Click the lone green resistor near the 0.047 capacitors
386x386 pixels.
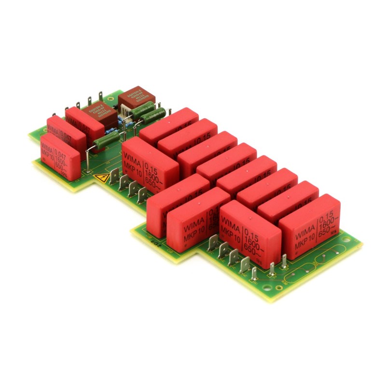tap(107, 141)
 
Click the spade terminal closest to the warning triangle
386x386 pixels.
tap(115, 177)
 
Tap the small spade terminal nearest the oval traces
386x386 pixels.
tap(284, 261)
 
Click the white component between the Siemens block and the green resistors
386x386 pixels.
tap(125, 111)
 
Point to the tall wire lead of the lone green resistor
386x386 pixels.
tap(88, 159)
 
